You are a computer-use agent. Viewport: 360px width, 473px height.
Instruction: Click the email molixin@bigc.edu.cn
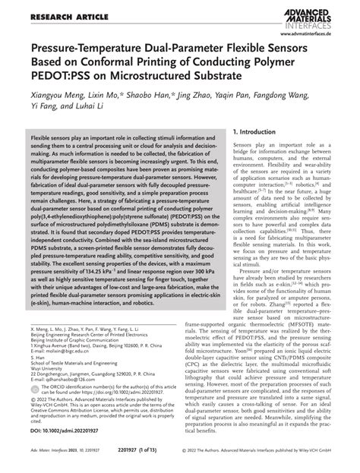coord(58,352)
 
